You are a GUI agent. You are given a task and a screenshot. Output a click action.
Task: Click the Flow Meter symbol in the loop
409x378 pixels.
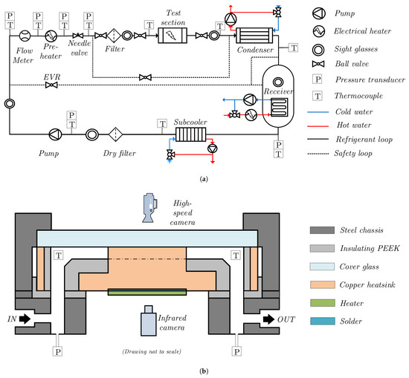(x=25, y=36)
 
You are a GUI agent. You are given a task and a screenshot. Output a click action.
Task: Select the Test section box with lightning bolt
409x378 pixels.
(x=173, y=36)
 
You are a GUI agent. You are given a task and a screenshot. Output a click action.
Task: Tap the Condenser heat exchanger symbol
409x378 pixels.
(x=254, y=36)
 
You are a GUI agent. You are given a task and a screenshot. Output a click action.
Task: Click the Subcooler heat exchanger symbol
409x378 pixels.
(x=190, y=134)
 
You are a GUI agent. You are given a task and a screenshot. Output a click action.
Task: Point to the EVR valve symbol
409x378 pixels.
(x=51, y=85)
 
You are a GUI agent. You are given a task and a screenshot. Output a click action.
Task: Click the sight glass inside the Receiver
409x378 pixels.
(x=278, y=82)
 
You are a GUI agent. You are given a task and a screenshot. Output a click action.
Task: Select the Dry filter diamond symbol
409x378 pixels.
(x=115, y=134)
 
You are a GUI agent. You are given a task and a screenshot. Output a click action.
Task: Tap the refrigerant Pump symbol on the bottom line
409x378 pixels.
(x=55, y=134)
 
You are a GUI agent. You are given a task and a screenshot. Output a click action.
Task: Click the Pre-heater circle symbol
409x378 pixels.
(x=51, y=36)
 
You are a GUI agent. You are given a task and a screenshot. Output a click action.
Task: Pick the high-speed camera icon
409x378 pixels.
(x=149, y=208)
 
